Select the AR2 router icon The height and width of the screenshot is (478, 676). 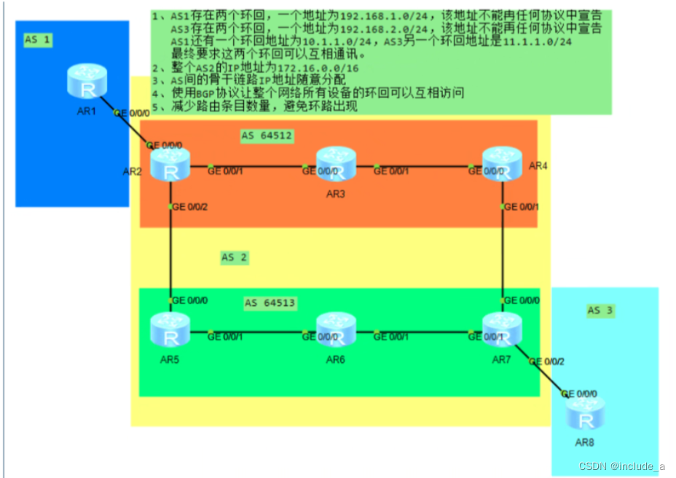(x=170, y=165)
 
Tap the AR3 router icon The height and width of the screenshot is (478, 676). (x=335, y=165)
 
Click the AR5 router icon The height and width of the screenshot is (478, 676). (x=170, y=331)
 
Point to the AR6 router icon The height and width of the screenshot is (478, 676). (x=335, y=331)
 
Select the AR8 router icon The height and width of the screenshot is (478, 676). (x=586, y=415)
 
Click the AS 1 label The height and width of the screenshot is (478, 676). (x=38, y=40)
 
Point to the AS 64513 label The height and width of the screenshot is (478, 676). (x=270, y=303)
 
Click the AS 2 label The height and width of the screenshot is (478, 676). (x=235, y=257)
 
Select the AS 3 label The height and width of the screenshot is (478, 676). (x=601, y=310)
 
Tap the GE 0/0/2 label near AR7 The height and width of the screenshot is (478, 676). (x=546, y=361)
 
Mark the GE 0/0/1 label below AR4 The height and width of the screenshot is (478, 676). (x=522, y=208)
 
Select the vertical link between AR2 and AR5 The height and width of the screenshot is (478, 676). (x=170, y=251)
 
